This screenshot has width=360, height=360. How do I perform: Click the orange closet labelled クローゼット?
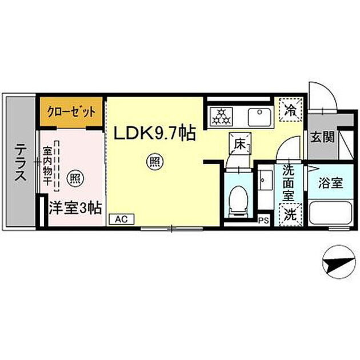(x=71, y=112)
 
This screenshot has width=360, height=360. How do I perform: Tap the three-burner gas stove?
(x=221, y=117)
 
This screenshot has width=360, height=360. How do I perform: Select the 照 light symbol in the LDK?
(x=154, y=162)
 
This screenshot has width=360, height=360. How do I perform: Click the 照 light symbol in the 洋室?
(x=75, y=178)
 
